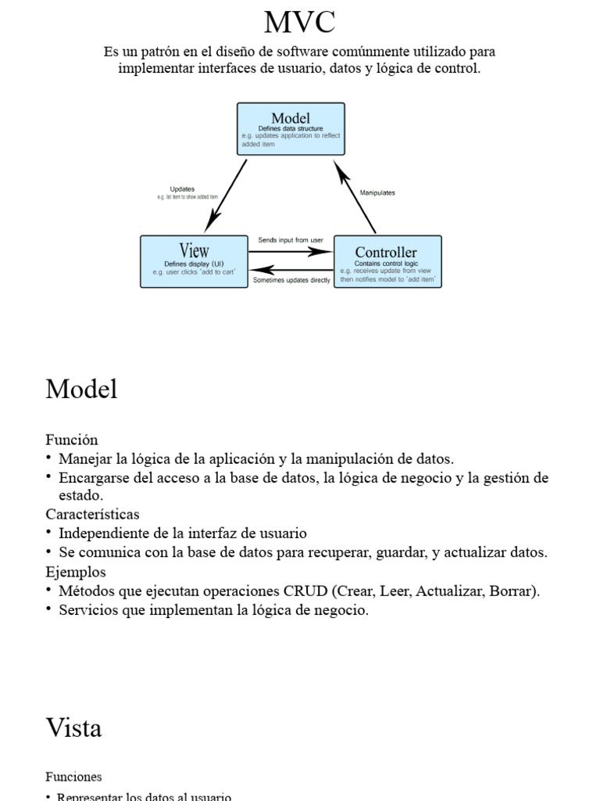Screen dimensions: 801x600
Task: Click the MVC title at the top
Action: [x=299, y=22]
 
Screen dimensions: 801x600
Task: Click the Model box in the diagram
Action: [x=291, y=128]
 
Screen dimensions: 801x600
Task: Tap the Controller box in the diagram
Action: [x=387, y=261]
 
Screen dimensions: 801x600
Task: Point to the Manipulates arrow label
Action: [x=377, y=192]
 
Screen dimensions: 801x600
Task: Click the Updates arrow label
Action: [x=182, y=189]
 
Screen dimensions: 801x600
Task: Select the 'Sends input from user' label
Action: [x=291, y=240]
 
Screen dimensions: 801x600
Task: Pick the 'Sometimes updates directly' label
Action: [x=291, y=280]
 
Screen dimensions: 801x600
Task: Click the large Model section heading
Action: [x=81, y=389]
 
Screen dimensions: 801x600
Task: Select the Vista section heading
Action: [x=73, y=728]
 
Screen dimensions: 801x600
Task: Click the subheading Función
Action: [x=72, y=440]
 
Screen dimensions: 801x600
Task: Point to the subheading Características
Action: [x=92, y=515]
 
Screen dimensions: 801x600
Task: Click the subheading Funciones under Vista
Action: [x=73, y=778]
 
